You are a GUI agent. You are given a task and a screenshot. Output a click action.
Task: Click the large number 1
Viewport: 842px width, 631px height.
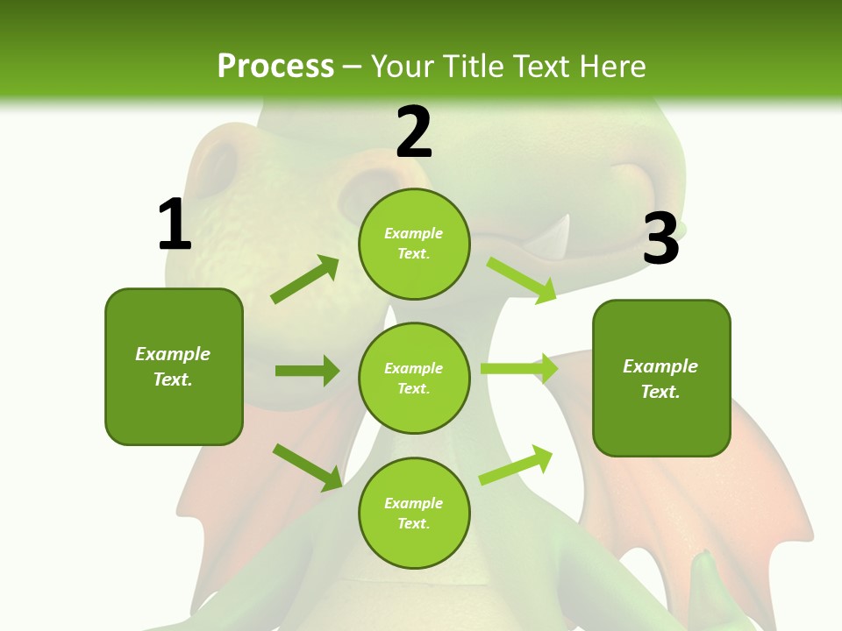click(x=175, y=225)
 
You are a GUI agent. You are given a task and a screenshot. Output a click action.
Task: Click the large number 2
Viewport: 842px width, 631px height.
click(x=414, y=132)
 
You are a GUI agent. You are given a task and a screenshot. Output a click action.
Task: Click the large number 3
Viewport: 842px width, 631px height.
click(x=660, y=239)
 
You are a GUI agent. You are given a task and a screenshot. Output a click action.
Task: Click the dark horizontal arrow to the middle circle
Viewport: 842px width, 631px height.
click(x=307, y=371)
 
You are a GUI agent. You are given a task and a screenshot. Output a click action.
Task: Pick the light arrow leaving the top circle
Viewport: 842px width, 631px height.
click(x=522, y=280)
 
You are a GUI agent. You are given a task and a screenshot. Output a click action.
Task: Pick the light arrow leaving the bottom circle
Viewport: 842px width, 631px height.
click(x=516, y=464)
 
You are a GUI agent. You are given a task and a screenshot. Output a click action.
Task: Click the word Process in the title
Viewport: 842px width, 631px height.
click(x=275, y=66)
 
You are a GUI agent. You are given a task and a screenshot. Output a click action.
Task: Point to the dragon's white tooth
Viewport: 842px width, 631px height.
click(x=555, y=241)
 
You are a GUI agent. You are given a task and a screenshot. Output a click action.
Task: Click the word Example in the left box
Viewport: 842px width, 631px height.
click(x=173, y=354)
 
